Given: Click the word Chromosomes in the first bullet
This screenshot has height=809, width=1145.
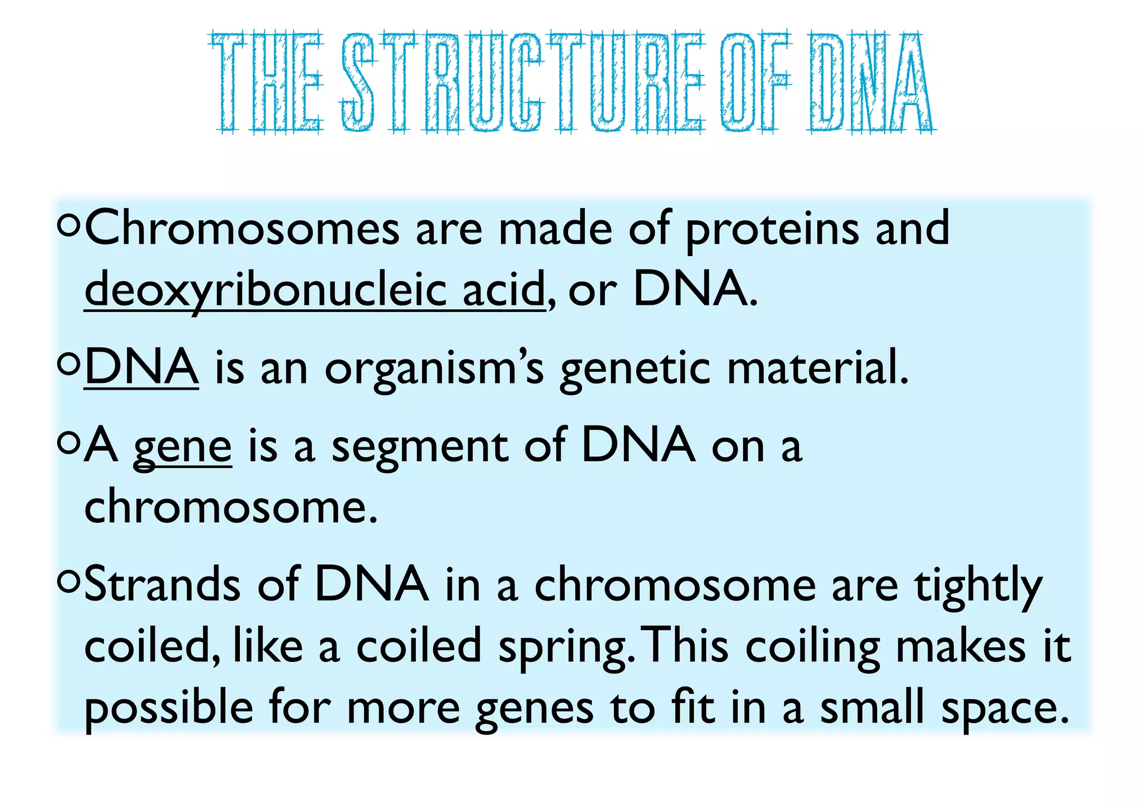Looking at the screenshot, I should [242, 229].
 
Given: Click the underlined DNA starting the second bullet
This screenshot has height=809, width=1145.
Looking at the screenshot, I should [141, 367].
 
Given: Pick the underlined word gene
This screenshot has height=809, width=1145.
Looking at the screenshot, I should [182, 447].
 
